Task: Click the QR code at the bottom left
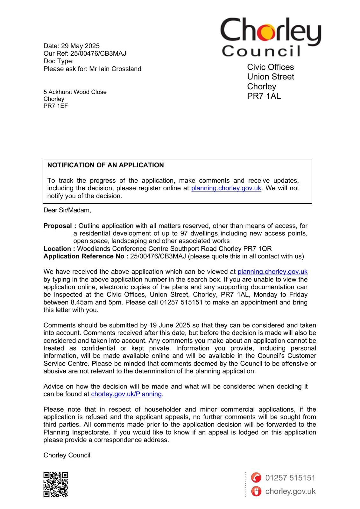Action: click(56, 485)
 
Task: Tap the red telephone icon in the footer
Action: click(256, 478)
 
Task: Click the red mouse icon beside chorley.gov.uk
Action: click(256, 491)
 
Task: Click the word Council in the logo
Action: click(261, 51)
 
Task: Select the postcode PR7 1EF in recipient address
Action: click(56, 106)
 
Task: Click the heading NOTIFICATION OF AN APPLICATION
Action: click(105, 165)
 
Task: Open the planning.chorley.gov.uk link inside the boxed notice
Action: click(226, 188)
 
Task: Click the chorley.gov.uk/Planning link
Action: click(126, 394)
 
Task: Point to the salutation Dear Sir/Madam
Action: click(67, 210)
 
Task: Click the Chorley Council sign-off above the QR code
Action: click(67, 455)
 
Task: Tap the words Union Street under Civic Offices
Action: click(271, 77)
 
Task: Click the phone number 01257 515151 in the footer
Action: click(290, 478)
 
